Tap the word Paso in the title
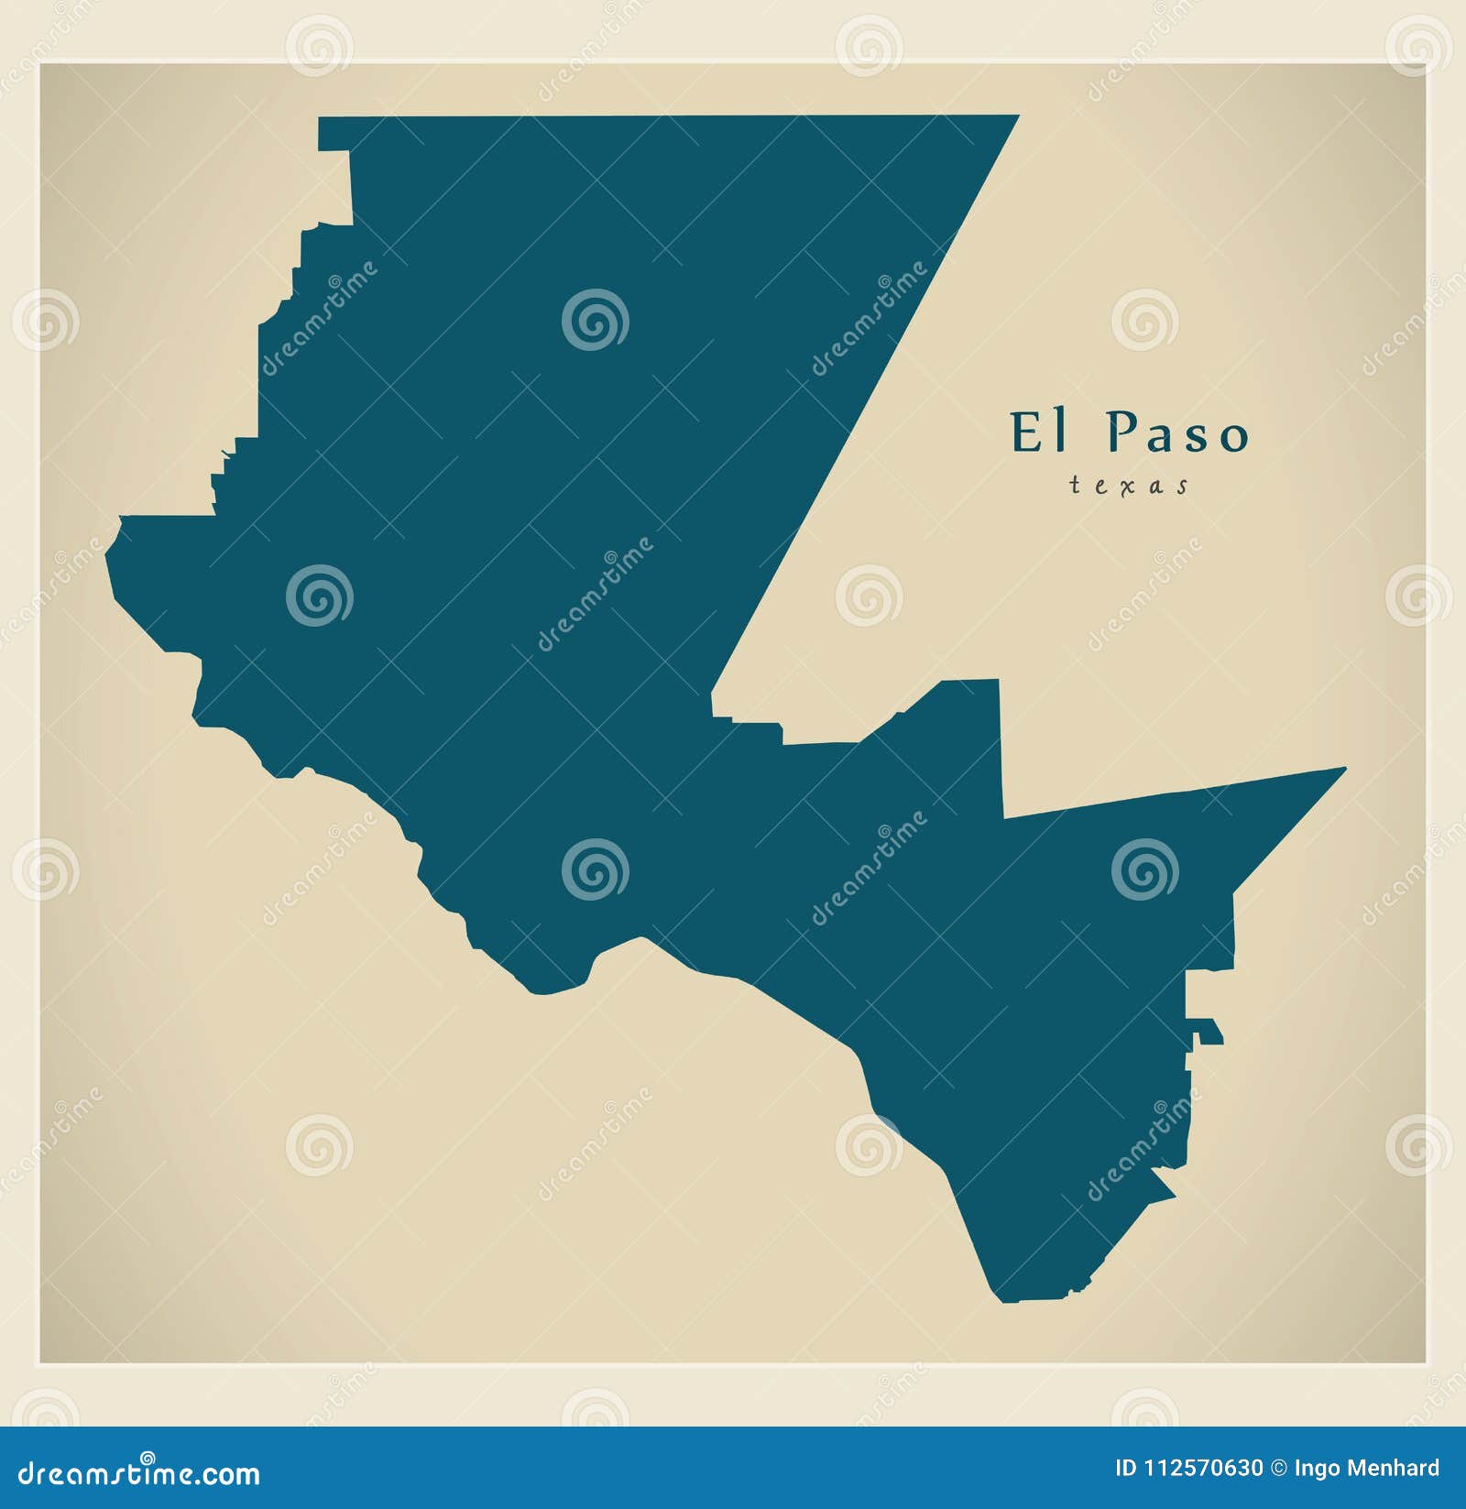click(1176, 432)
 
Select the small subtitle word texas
click(1129, 486)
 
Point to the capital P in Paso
click(1119, 432)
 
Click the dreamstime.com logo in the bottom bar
click(139, 1473)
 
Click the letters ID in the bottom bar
click(1126, 1469)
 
